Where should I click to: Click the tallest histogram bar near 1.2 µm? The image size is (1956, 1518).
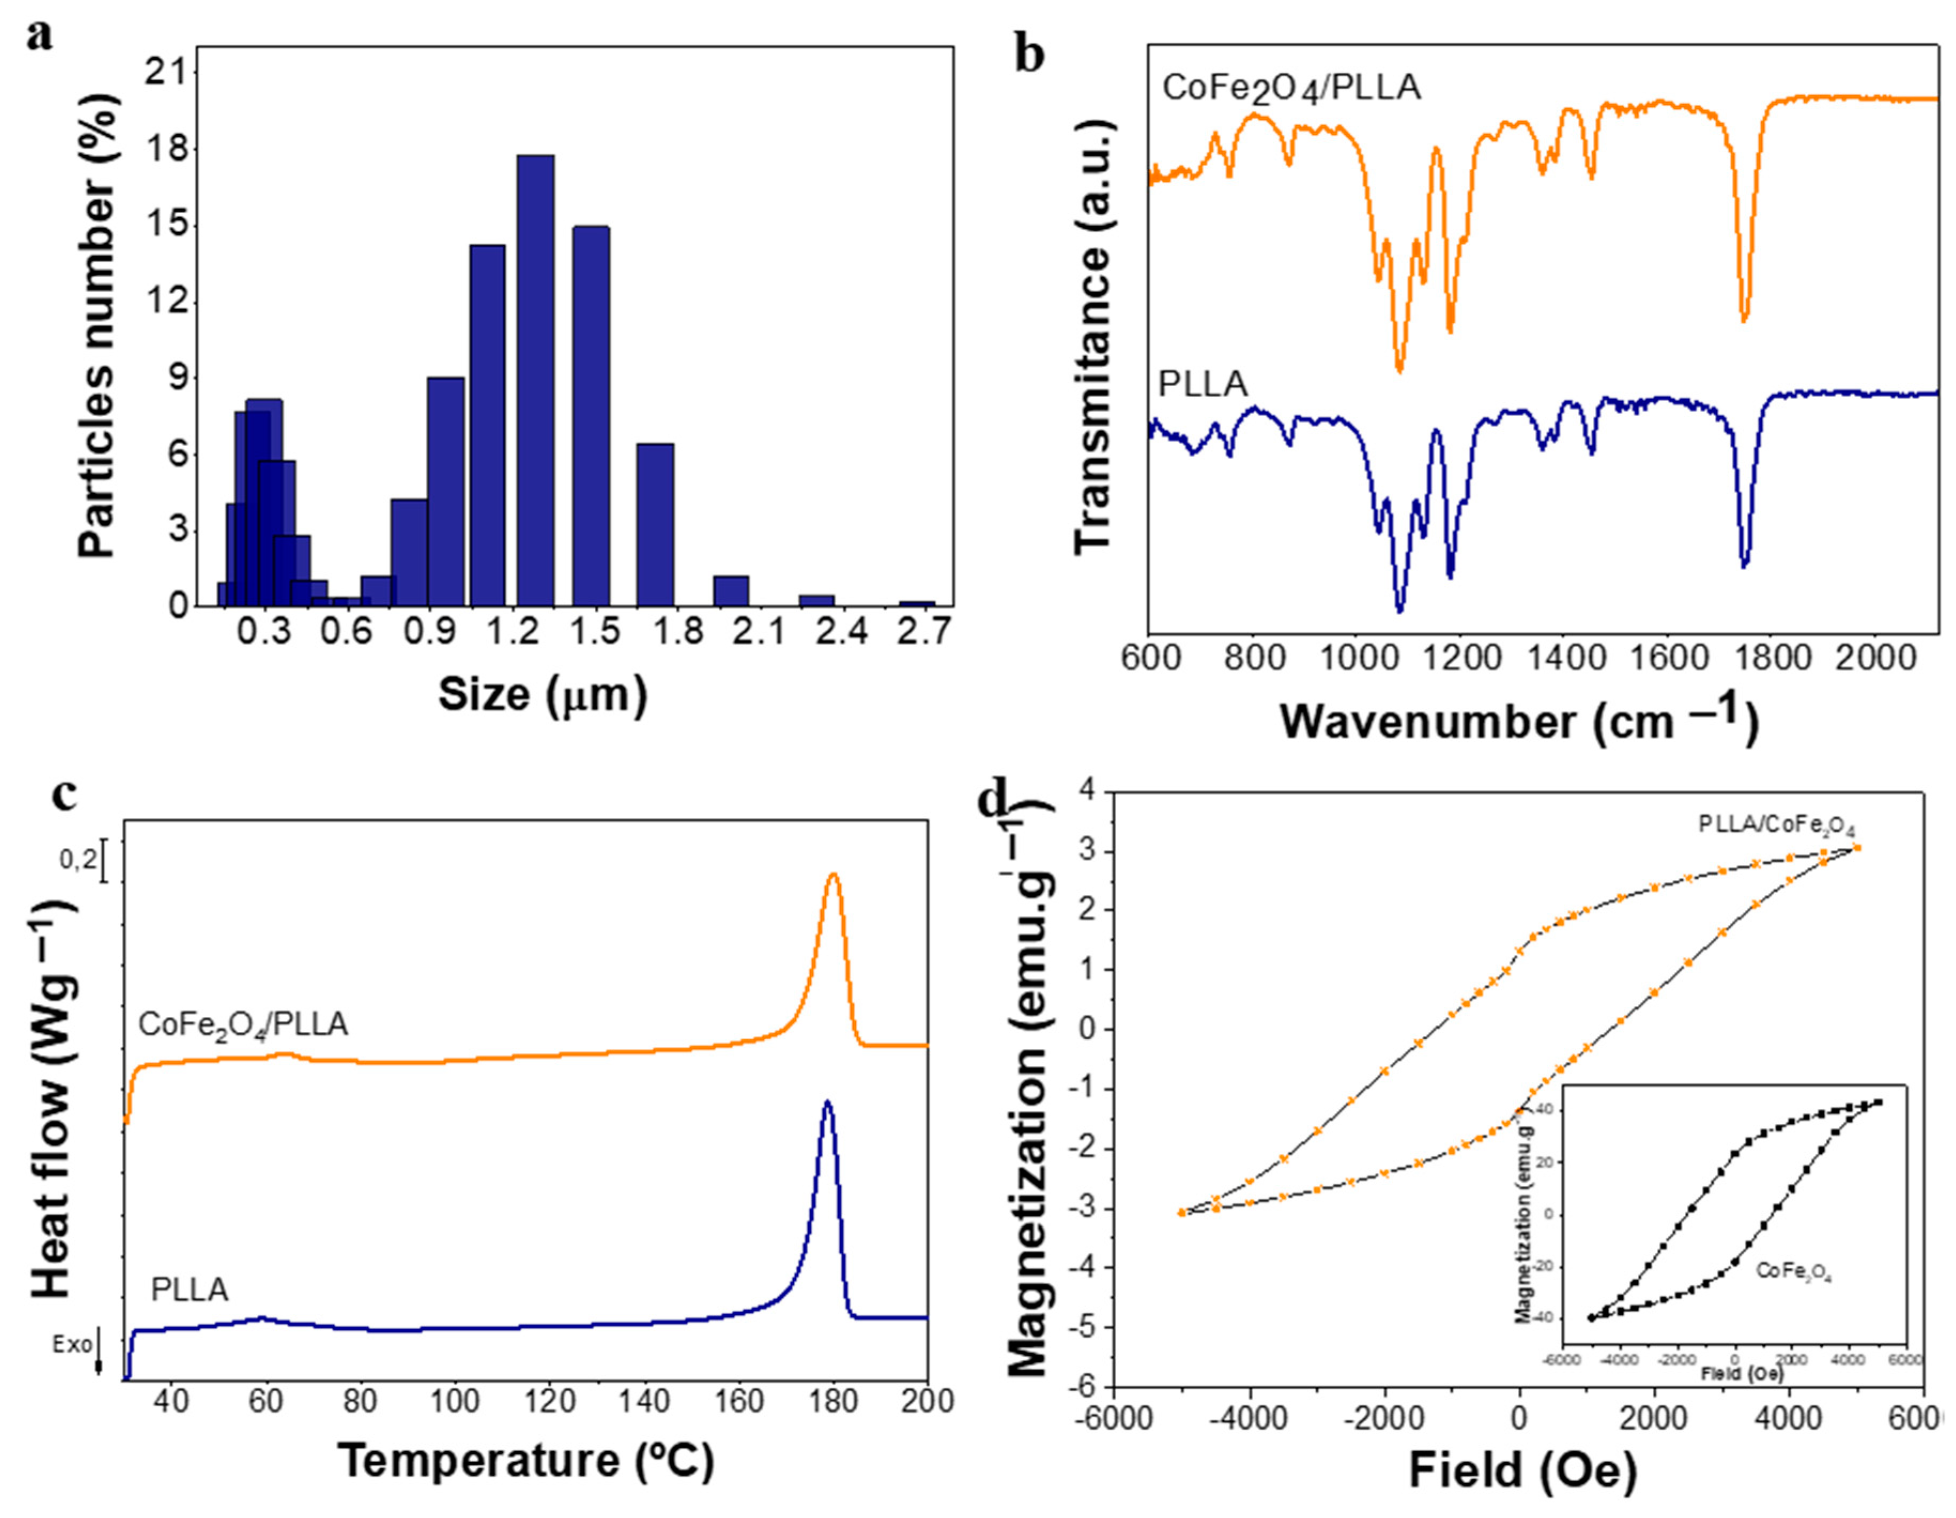click(535, 381)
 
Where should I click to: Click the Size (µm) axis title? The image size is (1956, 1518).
click(542, 694)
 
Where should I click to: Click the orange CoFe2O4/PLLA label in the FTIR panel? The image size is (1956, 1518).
click(1290, 89)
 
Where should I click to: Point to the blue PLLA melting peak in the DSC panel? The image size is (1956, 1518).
click(827, 1103)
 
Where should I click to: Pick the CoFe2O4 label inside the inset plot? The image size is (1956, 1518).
click(1794, 1272)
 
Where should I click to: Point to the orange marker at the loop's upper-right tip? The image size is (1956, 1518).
click(1857, 847)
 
